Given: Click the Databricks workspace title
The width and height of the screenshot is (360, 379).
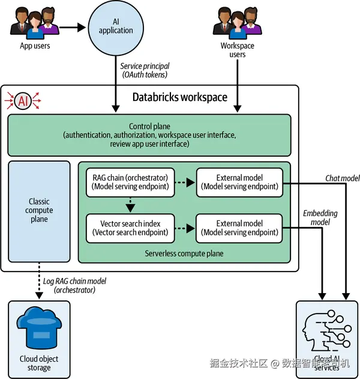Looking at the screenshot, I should (x=179, y=97).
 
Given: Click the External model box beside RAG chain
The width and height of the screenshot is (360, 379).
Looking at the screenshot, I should (x=239, y=182).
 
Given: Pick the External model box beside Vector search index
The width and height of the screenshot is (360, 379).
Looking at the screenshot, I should (x=239, y=228).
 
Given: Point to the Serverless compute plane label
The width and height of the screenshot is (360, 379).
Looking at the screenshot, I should (x=184, y=253).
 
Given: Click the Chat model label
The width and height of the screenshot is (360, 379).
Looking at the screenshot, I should (x=343, y=178).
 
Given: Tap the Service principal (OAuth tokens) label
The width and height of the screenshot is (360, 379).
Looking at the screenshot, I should (x=145, y=70).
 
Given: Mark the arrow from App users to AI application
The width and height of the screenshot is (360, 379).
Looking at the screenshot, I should (x=73, y=26).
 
